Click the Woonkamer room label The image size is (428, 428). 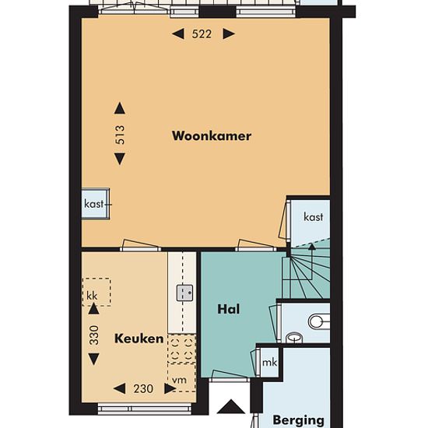pos(212,136)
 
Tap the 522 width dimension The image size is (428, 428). pos(202,34)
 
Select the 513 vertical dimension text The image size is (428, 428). pos(120,135)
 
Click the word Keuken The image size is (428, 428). pos(139,339)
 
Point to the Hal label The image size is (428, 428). pos(229,309)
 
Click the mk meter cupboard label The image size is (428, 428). pos(269,363)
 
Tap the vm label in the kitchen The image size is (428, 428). pos(179,380)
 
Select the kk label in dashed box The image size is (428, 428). pos(92,296)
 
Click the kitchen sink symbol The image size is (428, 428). pos(184,293)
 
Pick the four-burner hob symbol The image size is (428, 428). pos(182,349)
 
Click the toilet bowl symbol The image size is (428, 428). pos(319,321)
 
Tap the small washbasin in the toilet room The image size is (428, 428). pos(294,338)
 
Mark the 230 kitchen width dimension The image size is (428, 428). pos(144,388)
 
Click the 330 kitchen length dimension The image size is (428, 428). pos(93,335)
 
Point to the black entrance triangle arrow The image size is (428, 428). pos(231,406)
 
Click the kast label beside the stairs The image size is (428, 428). pos(314,217)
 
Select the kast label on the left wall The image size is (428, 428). pos(94,204)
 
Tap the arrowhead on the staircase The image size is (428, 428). pos(312,247)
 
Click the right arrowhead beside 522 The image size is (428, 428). pos(229,34)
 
